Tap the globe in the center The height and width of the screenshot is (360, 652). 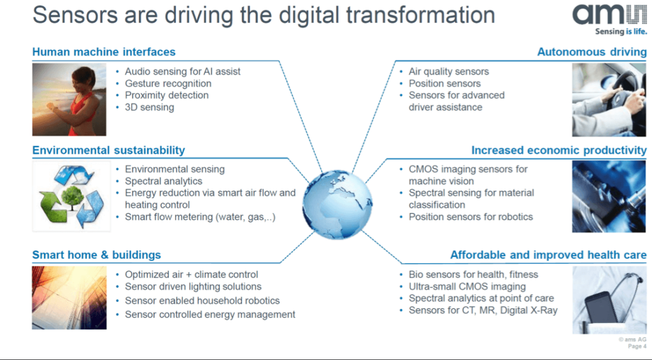point(337,205)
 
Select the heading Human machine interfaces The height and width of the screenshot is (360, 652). point(104,52)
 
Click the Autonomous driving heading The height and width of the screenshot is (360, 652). point(592,52)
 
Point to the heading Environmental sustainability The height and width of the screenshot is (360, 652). point(108,150)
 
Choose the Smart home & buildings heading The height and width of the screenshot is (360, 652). point(97,255)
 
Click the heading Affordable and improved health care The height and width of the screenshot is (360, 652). point(548,255)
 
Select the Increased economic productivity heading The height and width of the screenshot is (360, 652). point(559,150)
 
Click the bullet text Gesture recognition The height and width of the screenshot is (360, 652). point(168,83)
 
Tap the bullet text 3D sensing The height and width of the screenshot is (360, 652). point(149,107)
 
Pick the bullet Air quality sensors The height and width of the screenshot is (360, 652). point(449,71)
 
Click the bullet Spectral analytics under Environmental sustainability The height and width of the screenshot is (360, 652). point(164,181)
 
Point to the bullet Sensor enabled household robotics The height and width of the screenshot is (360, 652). point(202,301)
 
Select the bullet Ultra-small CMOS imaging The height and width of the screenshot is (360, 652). point(467,286)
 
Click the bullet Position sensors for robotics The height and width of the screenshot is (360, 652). point(471,217)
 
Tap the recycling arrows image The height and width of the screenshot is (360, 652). point(71,196)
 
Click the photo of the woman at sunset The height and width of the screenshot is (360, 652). point(69,99)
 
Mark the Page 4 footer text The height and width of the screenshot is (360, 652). point(637,346)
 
